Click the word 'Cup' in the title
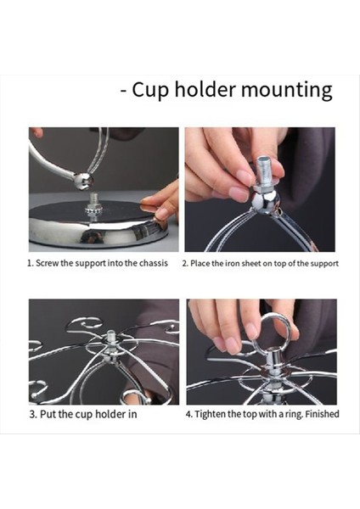150,90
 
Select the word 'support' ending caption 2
323,264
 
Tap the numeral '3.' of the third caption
33,414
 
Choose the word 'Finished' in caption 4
321,414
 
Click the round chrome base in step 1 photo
93,227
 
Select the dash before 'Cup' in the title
124,91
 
